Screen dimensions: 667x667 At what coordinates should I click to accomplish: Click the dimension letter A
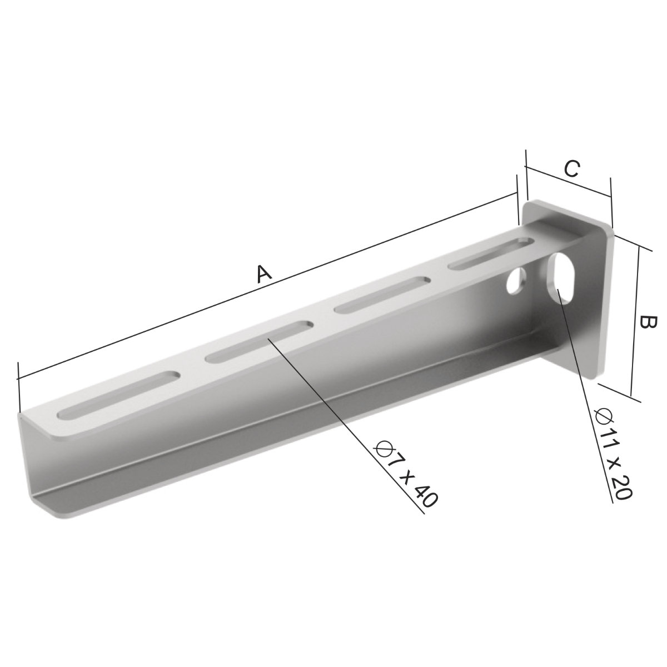tap(264, 274)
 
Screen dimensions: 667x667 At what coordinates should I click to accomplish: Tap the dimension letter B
tap(647, 323)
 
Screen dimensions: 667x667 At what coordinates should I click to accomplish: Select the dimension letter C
tap(571, 169)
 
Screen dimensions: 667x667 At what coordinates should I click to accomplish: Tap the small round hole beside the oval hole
tap(516, 280)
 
